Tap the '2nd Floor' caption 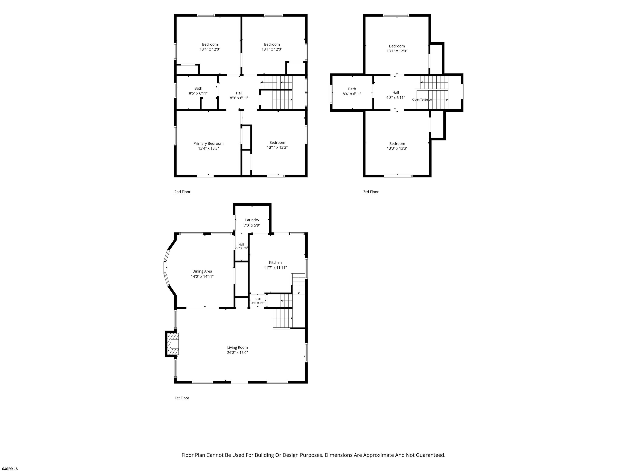point(182,192)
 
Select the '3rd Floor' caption point(371,192)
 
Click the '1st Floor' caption point(182,398)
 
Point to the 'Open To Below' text point(422,100)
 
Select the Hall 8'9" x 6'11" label point(239,95)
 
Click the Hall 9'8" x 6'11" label point(396,95)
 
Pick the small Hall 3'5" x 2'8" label point(258,301)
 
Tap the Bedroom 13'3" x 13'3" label point(397,146)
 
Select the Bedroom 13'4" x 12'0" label point(210,47)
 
